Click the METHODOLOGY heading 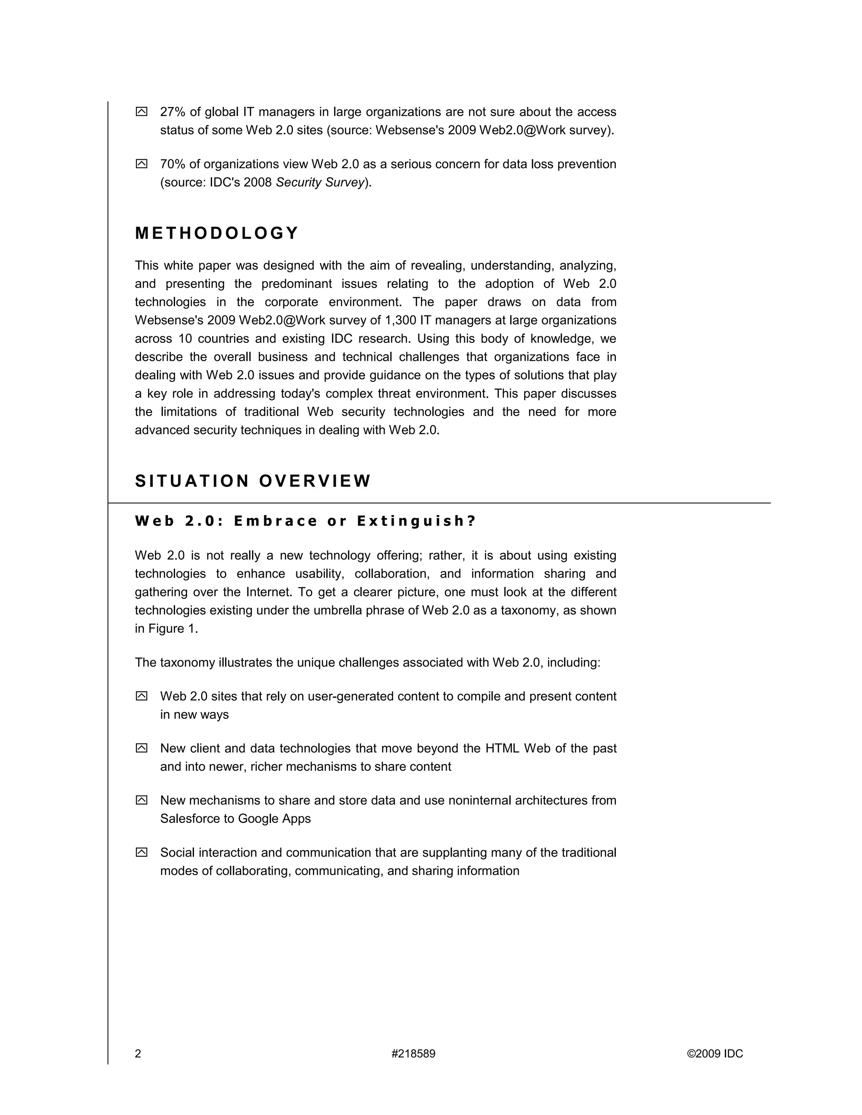pyautogui.click(x=216, y=234)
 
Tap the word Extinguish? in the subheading pyautogui.click(x=416, y=521)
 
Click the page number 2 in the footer pyautogui.click(x=138, y=1054)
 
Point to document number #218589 pyautogui.click(x=413, y=1054)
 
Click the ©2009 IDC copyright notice pyautogui.click(x=715, y=1054)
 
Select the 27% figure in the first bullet pyautogui.click(x=173, y=112)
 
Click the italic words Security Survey pyautogui.click(x=320, y=182)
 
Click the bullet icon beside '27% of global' pyautogui.click(x=141, y=112)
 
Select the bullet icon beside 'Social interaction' pyautogui.click(x=141, y=852)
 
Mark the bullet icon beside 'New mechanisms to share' pyautogui.click(x=141, y=800)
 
